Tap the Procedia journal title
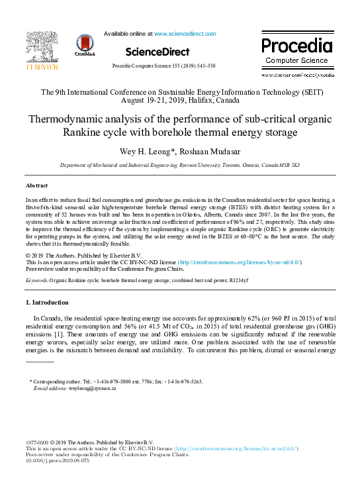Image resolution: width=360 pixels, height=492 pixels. pos(296,46)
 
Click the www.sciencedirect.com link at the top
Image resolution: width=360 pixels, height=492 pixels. pos(185,33)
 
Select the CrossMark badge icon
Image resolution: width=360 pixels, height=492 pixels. pos(85,44)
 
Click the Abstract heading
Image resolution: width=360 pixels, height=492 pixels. pos(36,186)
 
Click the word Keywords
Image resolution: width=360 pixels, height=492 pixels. pos(36,281)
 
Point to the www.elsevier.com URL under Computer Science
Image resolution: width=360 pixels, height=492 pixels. pos(297,75)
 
